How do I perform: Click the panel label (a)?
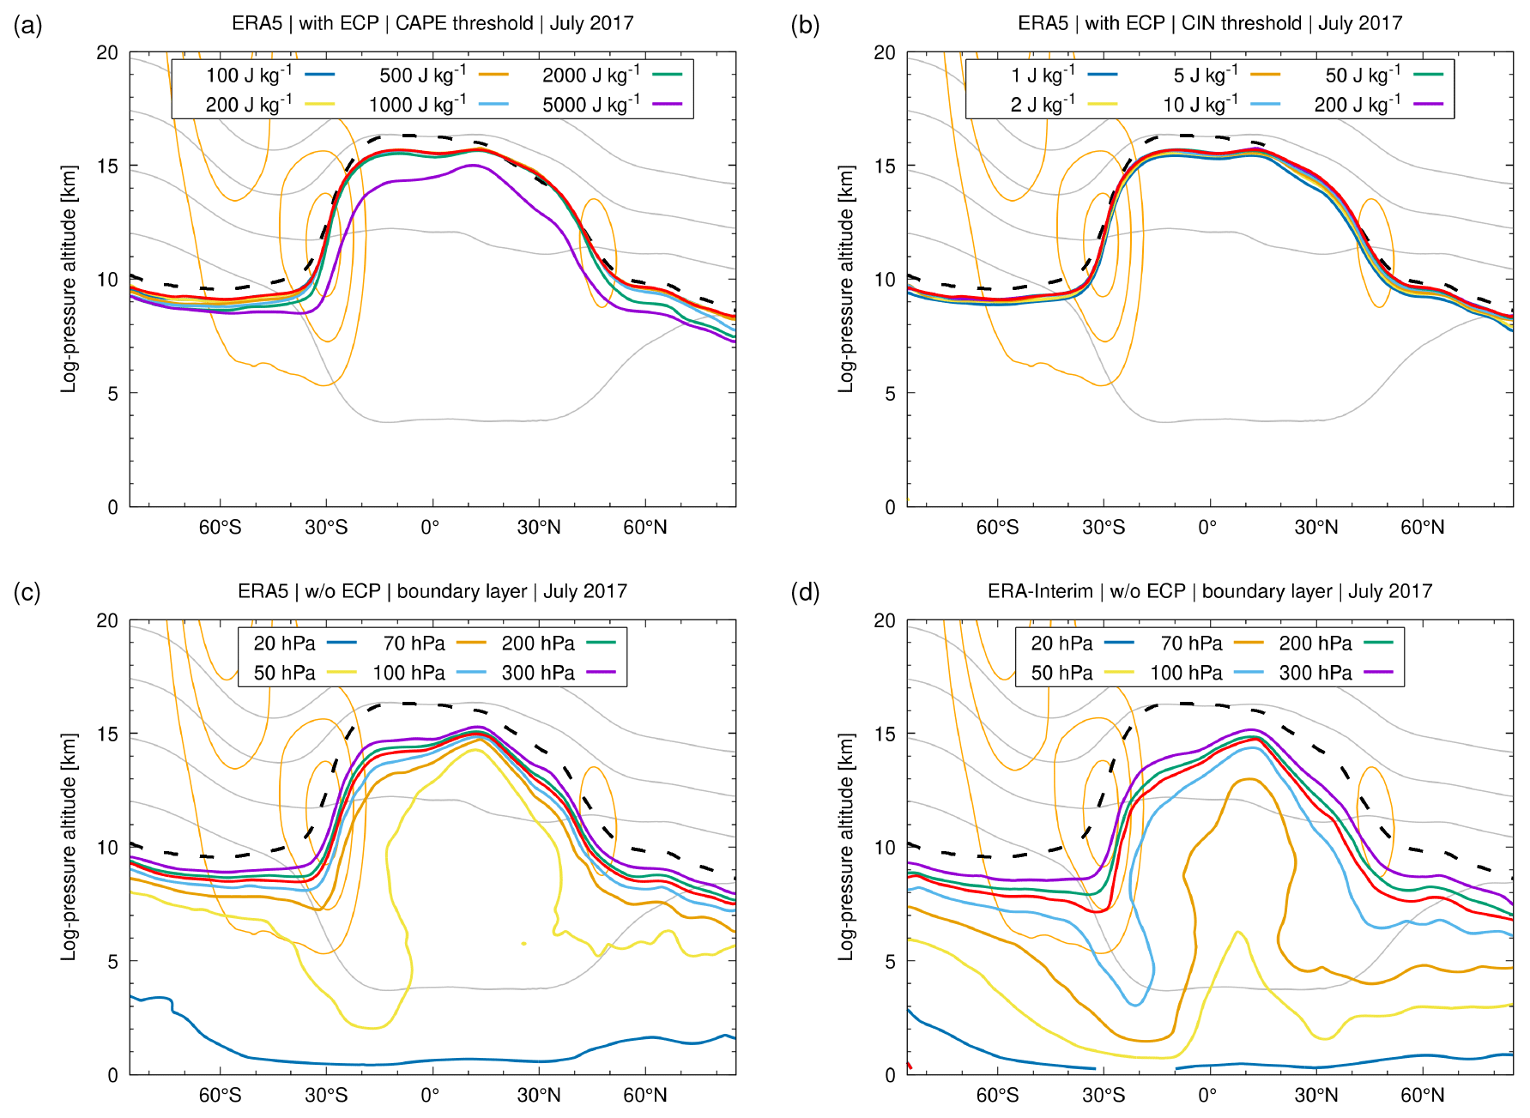(27, 26)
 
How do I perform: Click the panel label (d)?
(805, 592)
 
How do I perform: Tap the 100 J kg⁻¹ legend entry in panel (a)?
(269, 76)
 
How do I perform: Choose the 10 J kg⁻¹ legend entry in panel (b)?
(1221, 105)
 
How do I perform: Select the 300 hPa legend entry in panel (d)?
(1335, 673)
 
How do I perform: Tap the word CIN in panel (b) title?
(1197, 23)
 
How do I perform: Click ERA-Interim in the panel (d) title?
(1040, 591)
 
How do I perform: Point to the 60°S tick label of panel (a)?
(220, 527)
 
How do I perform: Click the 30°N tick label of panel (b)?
(1315, 527)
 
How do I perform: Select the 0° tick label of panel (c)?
(430, 1095)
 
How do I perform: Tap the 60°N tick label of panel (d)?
(1422, 1095)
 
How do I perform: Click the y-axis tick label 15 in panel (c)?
(107, 734)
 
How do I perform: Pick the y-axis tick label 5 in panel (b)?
(890, 393)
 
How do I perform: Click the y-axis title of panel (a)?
(69, 280)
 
